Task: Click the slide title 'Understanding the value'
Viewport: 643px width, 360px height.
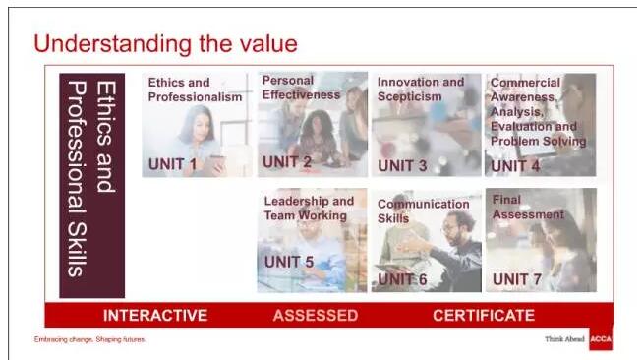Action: (166, 44)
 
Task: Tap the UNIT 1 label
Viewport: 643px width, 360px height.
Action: (172, 164)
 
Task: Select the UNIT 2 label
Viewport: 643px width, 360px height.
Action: (287, 162)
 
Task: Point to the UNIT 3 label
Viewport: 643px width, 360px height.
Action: (402, 165)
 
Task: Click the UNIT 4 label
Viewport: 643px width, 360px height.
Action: (515, 166)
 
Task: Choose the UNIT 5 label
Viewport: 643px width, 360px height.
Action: (289, 262)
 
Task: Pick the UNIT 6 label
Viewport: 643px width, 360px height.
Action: (402, 279)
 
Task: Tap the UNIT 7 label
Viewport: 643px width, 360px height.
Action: (517, 279)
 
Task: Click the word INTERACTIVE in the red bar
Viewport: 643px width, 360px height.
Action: (155, 316)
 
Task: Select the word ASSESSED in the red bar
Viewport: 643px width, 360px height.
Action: (316, 316)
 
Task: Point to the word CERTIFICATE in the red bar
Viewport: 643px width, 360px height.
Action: (484, 316)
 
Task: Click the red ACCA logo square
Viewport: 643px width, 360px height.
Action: (601, 338)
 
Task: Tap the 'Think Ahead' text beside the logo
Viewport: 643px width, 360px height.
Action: (564, 339)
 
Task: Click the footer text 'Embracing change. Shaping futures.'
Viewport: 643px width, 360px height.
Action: (89, 339)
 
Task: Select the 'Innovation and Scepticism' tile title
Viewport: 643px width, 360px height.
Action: (421, 89)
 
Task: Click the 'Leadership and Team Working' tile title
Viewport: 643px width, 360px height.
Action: (309, 209)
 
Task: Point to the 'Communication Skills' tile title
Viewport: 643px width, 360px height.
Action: (423, 211)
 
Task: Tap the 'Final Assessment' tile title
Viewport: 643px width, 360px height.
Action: (528, 208)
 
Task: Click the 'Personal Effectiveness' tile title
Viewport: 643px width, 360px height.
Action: (301, 88)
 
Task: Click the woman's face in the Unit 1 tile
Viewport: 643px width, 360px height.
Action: (201, 127)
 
